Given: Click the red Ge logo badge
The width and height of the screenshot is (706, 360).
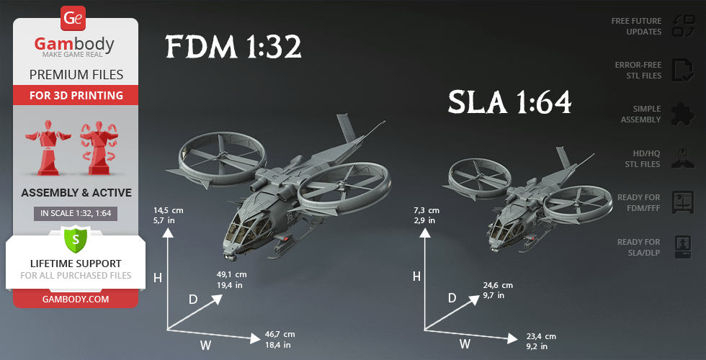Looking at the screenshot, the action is tap(73, 19).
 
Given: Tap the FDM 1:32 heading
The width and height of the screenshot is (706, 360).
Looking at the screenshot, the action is tap(233, 47).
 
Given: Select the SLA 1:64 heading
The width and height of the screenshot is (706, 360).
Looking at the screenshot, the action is tap(510, 102).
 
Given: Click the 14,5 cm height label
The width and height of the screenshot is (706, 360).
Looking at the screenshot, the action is tap(169, 210).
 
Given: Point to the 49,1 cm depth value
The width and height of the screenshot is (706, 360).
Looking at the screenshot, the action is tap(231, 274).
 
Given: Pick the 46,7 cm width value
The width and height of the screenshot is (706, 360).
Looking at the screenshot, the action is tap(280, 334).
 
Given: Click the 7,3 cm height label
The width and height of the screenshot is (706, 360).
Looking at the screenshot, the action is tap(426, 210).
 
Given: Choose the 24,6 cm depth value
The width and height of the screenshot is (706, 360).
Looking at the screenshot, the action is tap(498, 285).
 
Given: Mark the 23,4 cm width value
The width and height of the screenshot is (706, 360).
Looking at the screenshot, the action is tap(541, 336).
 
